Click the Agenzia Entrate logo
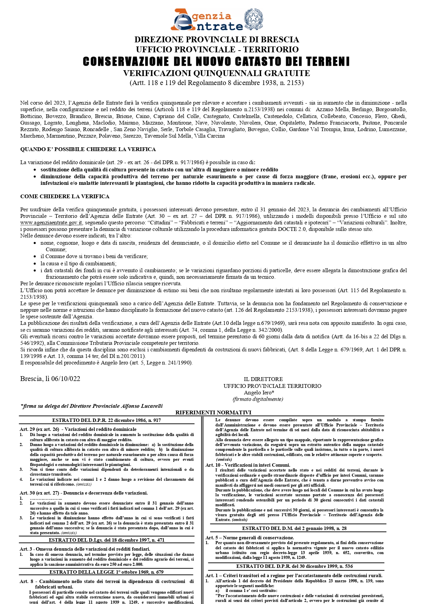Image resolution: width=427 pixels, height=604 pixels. (206, 20)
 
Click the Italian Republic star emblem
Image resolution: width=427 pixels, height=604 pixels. (254, 19)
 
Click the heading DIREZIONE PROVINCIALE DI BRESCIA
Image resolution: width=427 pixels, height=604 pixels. (217, 40)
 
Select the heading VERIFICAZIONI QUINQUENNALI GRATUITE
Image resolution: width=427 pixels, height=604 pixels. (216, 73)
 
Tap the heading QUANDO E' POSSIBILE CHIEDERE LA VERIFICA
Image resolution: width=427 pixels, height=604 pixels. (88, 149)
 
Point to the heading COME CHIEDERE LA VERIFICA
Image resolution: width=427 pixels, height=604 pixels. (65, 197)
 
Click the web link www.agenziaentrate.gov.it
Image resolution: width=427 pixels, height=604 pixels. (51, 223)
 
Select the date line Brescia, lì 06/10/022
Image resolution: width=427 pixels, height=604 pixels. (50, 379)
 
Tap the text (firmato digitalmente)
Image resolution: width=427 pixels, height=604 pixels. (258, 399)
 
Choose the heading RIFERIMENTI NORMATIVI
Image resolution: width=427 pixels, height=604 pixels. (213, 412)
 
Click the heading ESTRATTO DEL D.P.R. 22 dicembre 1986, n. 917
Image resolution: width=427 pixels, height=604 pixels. (107, 420)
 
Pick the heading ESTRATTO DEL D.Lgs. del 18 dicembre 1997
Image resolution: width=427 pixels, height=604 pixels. (107, 540)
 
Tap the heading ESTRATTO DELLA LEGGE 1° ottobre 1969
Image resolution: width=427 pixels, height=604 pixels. (107, 572)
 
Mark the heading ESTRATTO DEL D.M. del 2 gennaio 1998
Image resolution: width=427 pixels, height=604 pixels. (294, 528)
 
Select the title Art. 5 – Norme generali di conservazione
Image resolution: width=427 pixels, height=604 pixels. (250, 538)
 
